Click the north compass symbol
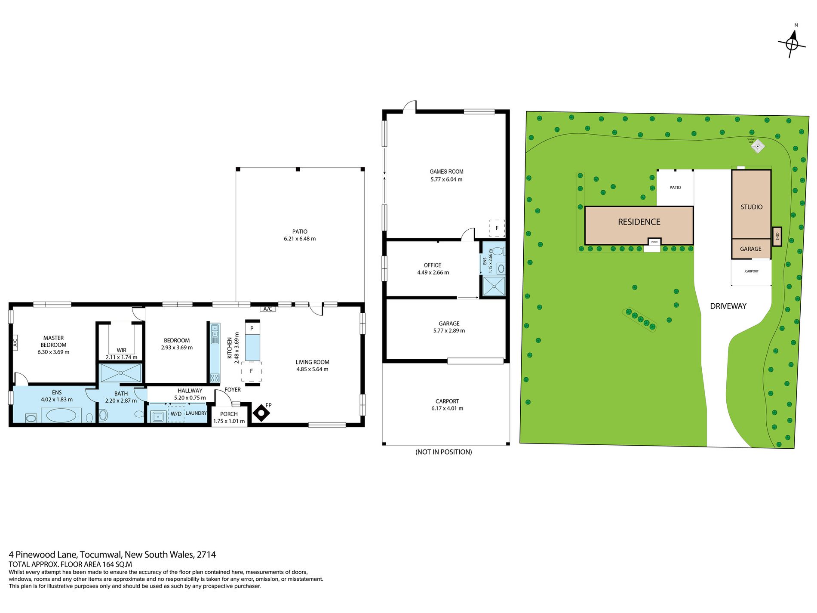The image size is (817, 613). [792, 43]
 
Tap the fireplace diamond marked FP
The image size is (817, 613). [261, 413]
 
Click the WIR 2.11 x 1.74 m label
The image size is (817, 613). [121, 354]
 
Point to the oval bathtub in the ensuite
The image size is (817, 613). [61, 416]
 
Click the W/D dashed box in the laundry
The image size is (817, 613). [176, 414]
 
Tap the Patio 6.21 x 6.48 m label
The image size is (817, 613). [300, 235]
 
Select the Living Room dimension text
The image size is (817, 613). [312, 370]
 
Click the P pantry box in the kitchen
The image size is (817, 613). [252, 328]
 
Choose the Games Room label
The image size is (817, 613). [446, 172]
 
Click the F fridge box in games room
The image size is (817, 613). [497, 228]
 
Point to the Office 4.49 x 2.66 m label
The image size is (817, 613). [433, 269]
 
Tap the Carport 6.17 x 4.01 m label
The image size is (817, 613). [447, 405]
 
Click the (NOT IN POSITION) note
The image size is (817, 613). [443, 452]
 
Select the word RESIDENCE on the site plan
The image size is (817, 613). [639, 222]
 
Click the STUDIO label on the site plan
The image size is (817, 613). [751, 207]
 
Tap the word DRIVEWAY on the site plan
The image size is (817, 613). [728, 306]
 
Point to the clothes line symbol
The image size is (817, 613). [758, 146]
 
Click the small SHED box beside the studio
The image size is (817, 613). [777, 236]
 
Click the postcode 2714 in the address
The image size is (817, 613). [206, 555]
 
